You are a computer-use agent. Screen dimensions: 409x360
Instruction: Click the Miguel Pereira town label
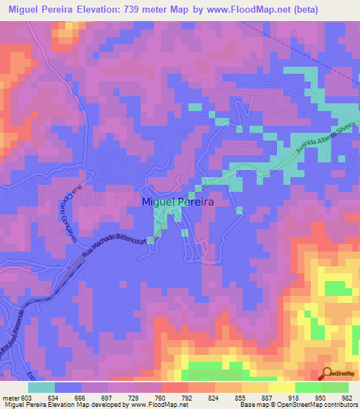click(178, 201)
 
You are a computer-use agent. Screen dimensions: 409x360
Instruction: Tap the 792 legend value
click(188, 397)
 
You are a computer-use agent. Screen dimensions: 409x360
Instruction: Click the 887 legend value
click(268, 397)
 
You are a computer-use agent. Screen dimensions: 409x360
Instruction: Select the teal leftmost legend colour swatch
click(41, 387)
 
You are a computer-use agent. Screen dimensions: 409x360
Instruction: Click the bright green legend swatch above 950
click(309, 387)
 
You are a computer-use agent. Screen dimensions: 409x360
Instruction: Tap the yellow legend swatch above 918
click(282, 387)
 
